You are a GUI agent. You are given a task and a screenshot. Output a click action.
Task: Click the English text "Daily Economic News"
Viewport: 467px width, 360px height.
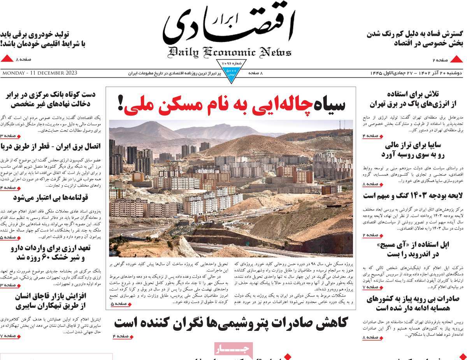pyautogui.click(x=230, y=52)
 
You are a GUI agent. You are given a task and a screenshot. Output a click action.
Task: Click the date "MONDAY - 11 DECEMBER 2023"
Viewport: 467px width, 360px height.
pyautogui.click(x=39, y=73)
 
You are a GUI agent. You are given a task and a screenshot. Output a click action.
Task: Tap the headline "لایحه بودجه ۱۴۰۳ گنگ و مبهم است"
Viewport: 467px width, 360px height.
pyautogui.click(x=413, y=195)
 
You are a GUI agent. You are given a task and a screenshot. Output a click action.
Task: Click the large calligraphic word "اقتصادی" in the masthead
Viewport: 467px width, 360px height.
pyautogui.click(x=230, y=27)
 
